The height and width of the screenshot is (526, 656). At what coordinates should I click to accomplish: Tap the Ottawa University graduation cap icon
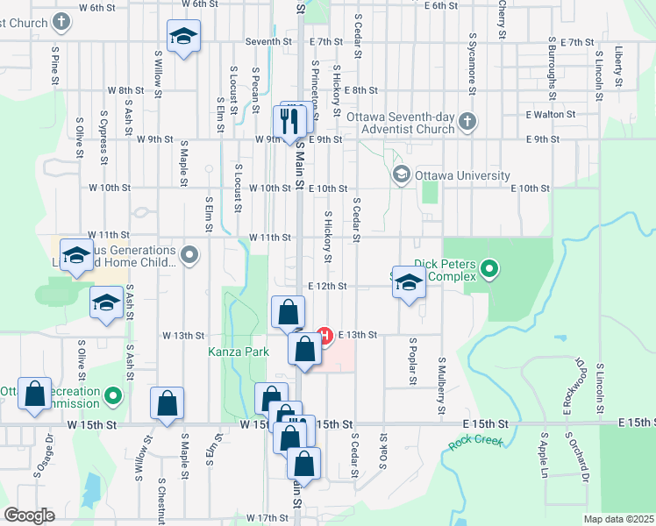click(x=403, y=174)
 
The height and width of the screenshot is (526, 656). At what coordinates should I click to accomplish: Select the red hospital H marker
click(x=324, y=335)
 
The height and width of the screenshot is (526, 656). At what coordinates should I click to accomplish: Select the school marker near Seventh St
click(x=183, y=38)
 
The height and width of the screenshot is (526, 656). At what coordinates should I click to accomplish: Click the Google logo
click(x=29, y=515)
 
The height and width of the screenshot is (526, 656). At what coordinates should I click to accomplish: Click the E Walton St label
click(x=550, y=114)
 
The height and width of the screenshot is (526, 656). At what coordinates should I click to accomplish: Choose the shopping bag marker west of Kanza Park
click(x=167, y=404)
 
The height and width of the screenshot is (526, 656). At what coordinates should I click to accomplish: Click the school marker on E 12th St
click(x=408, y=282)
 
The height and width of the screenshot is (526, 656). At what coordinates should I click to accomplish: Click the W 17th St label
click(x=267, y=518)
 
